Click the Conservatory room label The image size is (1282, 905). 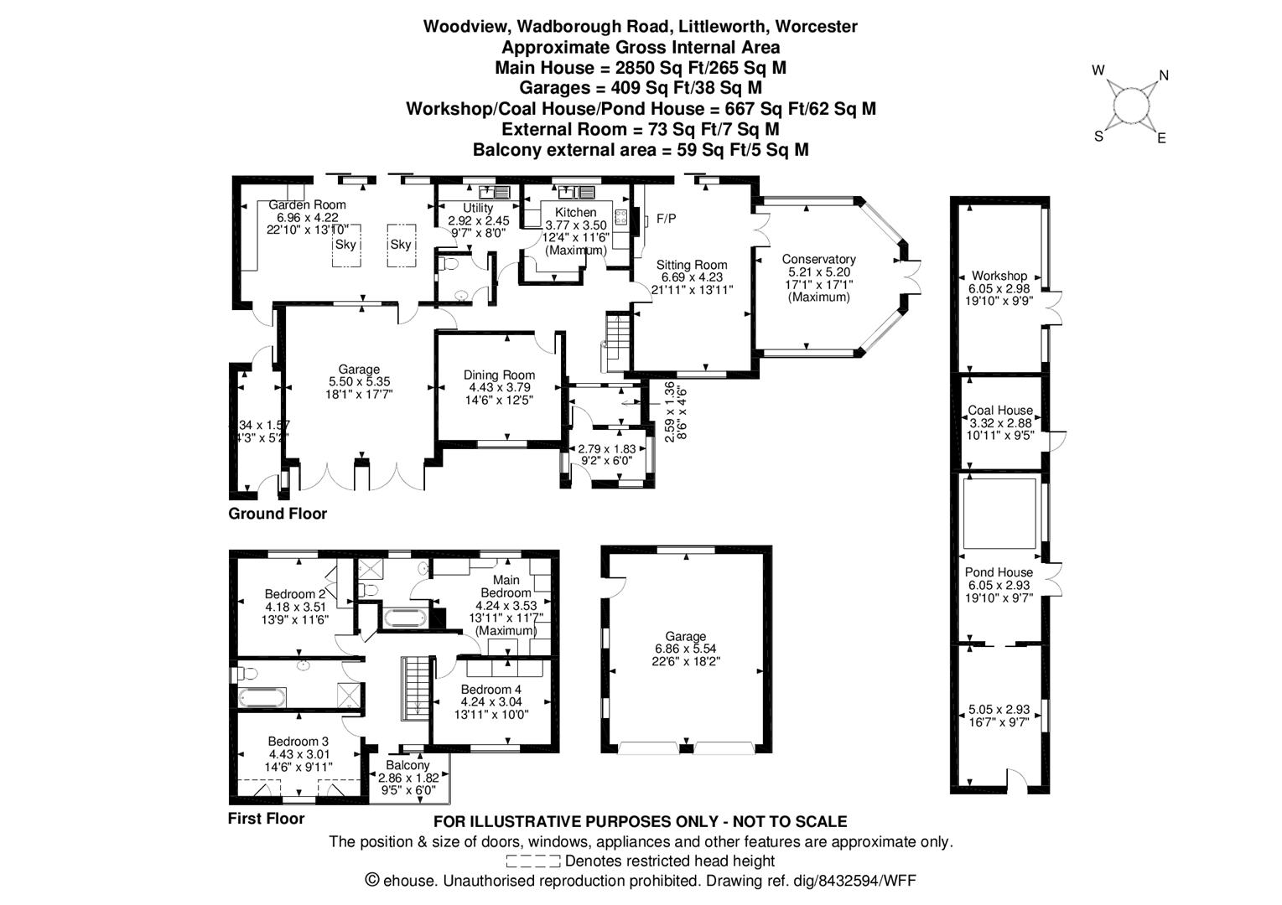point(818,260)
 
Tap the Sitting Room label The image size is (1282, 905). point(692,265)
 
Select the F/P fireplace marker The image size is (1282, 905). point(666,219)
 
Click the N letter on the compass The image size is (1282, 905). point(1163,75)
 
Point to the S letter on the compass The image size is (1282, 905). point(1098,137)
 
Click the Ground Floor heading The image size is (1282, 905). point(278,514)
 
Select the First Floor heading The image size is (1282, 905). point(266,819)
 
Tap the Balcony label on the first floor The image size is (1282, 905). point(407,765)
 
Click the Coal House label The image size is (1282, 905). point(999,411)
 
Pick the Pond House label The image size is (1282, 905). point(998,572)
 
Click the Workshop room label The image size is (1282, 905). point(999,276)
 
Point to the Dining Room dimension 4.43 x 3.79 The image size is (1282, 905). point(501,387)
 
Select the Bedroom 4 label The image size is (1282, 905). point(490,690)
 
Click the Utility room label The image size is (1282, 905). point(478,208)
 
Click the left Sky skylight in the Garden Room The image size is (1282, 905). point(345,245)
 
